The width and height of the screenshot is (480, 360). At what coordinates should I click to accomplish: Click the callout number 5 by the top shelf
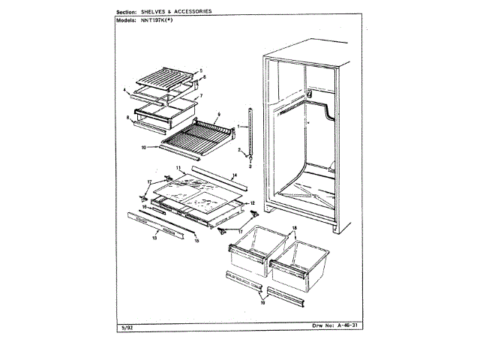tap(201, 70)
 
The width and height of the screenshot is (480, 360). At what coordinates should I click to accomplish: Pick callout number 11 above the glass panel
tap(178, 167)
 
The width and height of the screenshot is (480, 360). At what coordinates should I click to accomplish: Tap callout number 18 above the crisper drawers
tap(295, 227)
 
